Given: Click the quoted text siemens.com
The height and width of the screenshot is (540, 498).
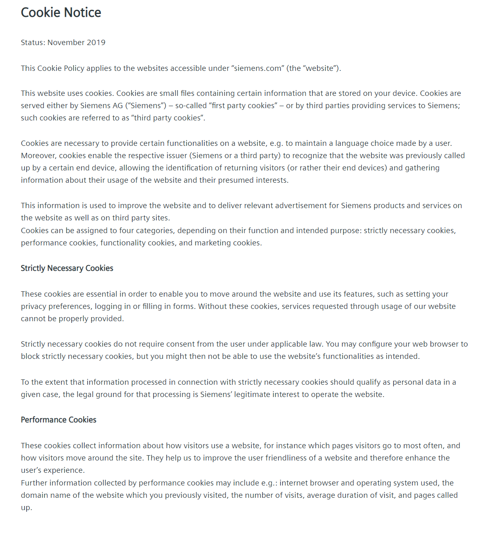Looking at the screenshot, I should coord(258,68).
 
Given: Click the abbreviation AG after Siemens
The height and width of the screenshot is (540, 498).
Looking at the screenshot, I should coord(118,106).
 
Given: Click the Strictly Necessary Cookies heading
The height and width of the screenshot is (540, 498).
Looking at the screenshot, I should coord(67,268).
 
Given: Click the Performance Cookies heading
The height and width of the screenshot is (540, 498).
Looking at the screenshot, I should coord(59,420).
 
